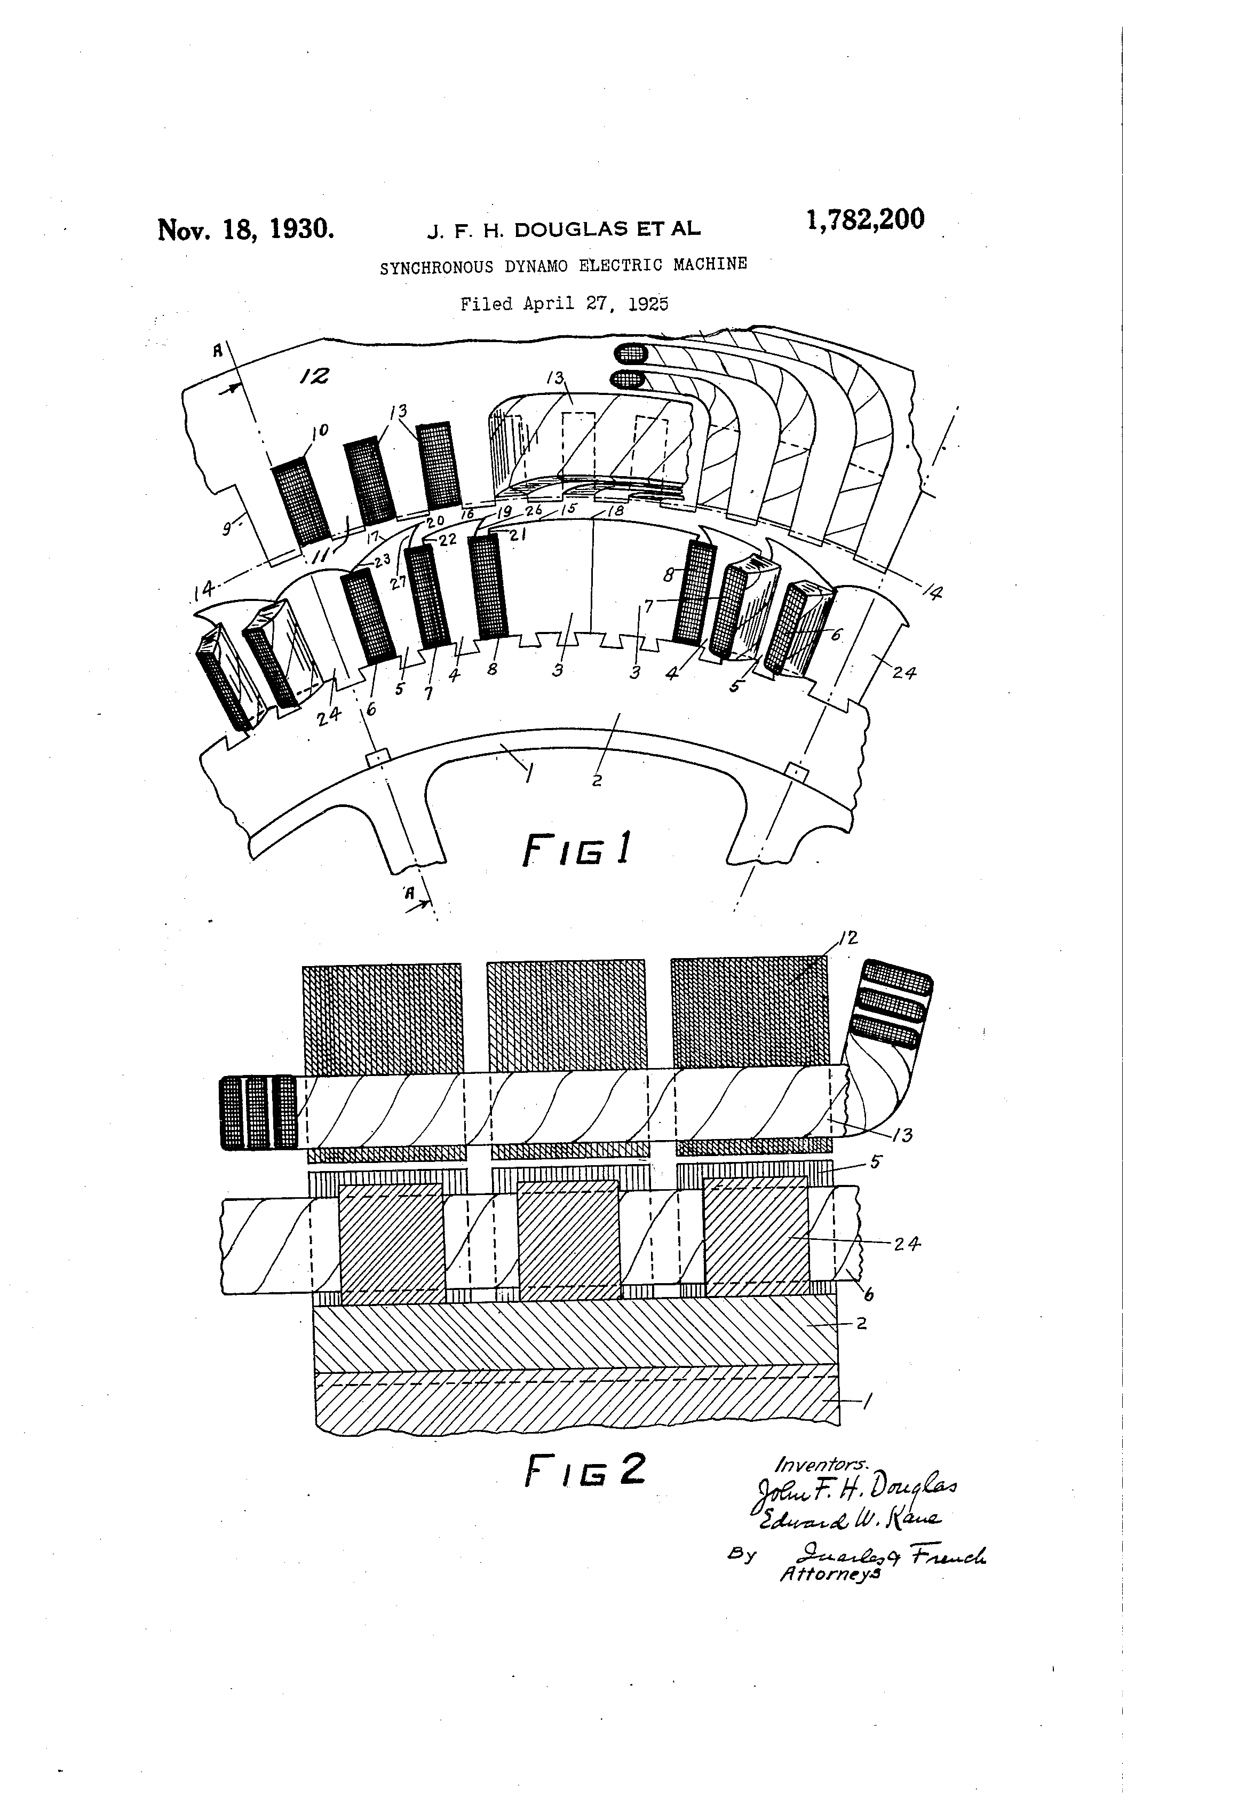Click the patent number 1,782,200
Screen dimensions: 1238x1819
pyautogui.click(x=864, y=220)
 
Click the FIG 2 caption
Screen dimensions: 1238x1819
pyautogui.click(x=585, y=1470)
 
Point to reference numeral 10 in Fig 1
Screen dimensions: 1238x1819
pyautogui.click(x=321, y=429)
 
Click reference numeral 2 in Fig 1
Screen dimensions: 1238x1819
pyautogui.click(x=597, y=780)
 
